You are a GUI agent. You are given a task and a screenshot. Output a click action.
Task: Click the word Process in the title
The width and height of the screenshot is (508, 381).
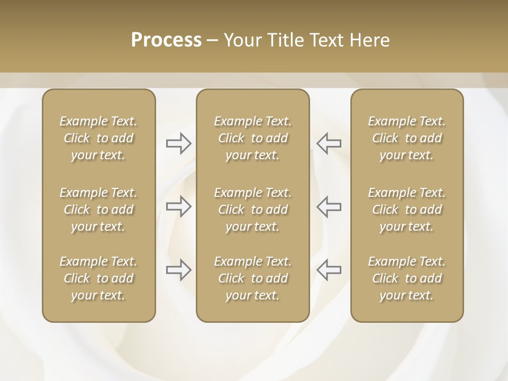[x=166, y=40]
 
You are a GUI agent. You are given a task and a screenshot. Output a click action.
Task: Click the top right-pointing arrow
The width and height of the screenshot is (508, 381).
[x=178, y=143]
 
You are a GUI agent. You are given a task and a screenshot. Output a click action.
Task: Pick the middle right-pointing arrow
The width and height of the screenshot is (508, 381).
[x=178, y=206]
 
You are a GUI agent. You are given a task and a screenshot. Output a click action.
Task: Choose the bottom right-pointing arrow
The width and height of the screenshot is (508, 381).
[x=178, y=270]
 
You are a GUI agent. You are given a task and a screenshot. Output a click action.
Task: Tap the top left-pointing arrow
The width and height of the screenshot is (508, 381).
[x=329, y=143]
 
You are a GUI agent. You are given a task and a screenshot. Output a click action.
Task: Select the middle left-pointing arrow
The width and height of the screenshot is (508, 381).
[x=329, y=206]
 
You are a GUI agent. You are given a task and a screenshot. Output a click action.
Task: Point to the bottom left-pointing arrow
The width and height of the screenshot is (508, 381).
[x=329, y=270]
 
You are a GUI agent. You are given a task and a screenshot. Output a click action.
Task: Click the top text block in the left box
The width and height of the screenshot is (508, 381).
[x=98, y=138]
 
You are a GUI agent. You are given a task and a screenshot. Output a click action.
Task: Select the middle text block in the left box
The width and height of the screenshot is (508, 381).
[x=98, y=210]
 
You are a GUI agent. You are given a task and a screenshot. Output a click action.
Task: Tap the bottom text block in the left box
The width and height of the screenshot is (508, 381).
[x=98, y=278]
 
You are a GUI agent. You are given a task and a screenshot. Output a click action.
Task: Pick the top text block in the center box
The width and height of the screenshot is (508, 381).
[x=252, y=138]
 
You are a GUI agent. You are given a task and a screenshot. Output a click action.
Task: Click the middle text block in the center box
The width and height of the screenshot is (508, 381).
[x=252, y=210]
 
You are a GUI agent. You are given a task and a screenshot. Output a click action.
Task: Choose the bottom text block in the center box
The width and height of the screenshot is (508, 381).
[x=252, y=278]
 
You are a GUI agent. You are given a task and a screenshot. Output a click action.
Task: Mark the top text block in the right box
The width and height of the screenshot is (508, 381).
[x=406, y=138]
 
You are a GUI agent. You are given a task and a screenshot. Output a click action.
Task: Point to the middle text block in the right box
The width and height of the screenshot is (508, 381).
[x=406, y=210]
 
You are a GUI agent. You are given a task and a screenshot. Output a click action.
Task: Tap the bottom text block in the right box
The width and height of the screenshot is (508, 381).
[x=406, y=278]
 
